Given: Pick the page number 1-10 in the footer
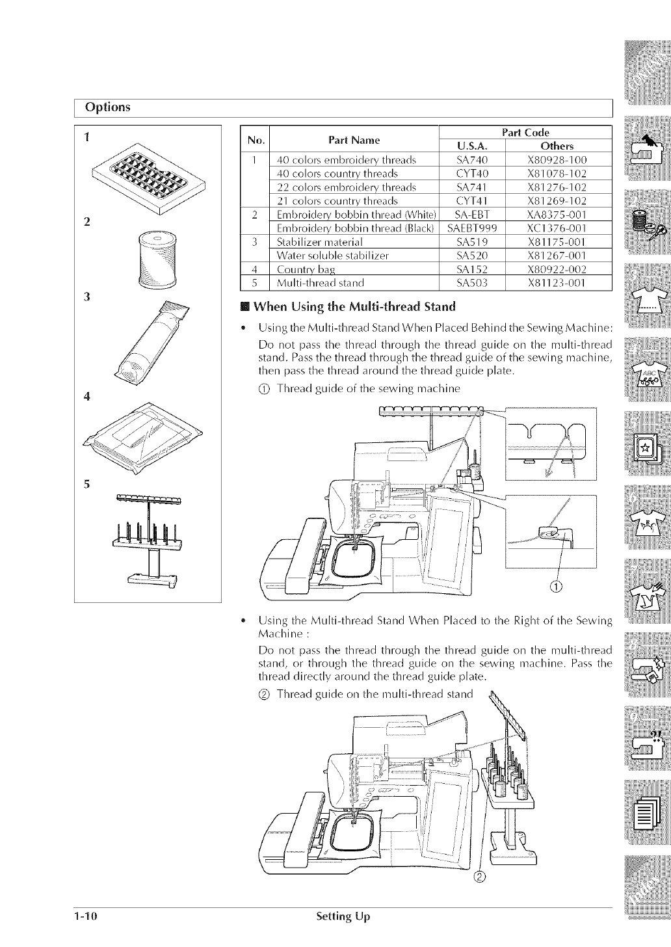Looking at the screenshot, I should [85, 917].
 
